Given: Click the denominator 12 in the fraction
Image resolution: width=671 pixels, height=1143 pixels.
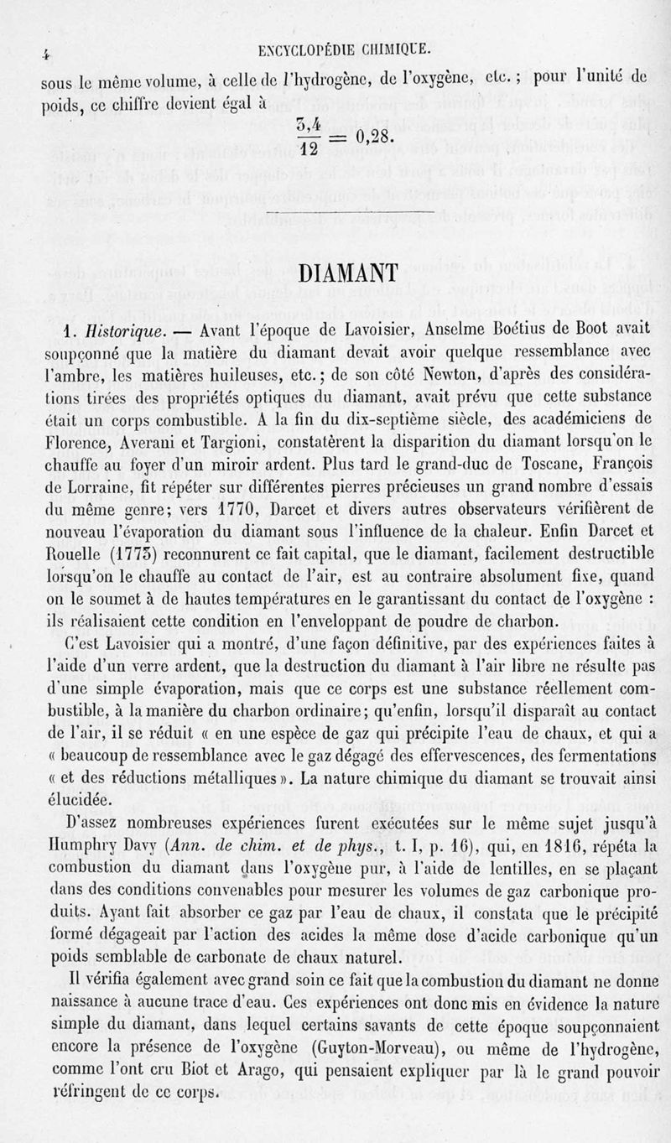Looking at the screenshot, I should (x=306, y=149).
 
